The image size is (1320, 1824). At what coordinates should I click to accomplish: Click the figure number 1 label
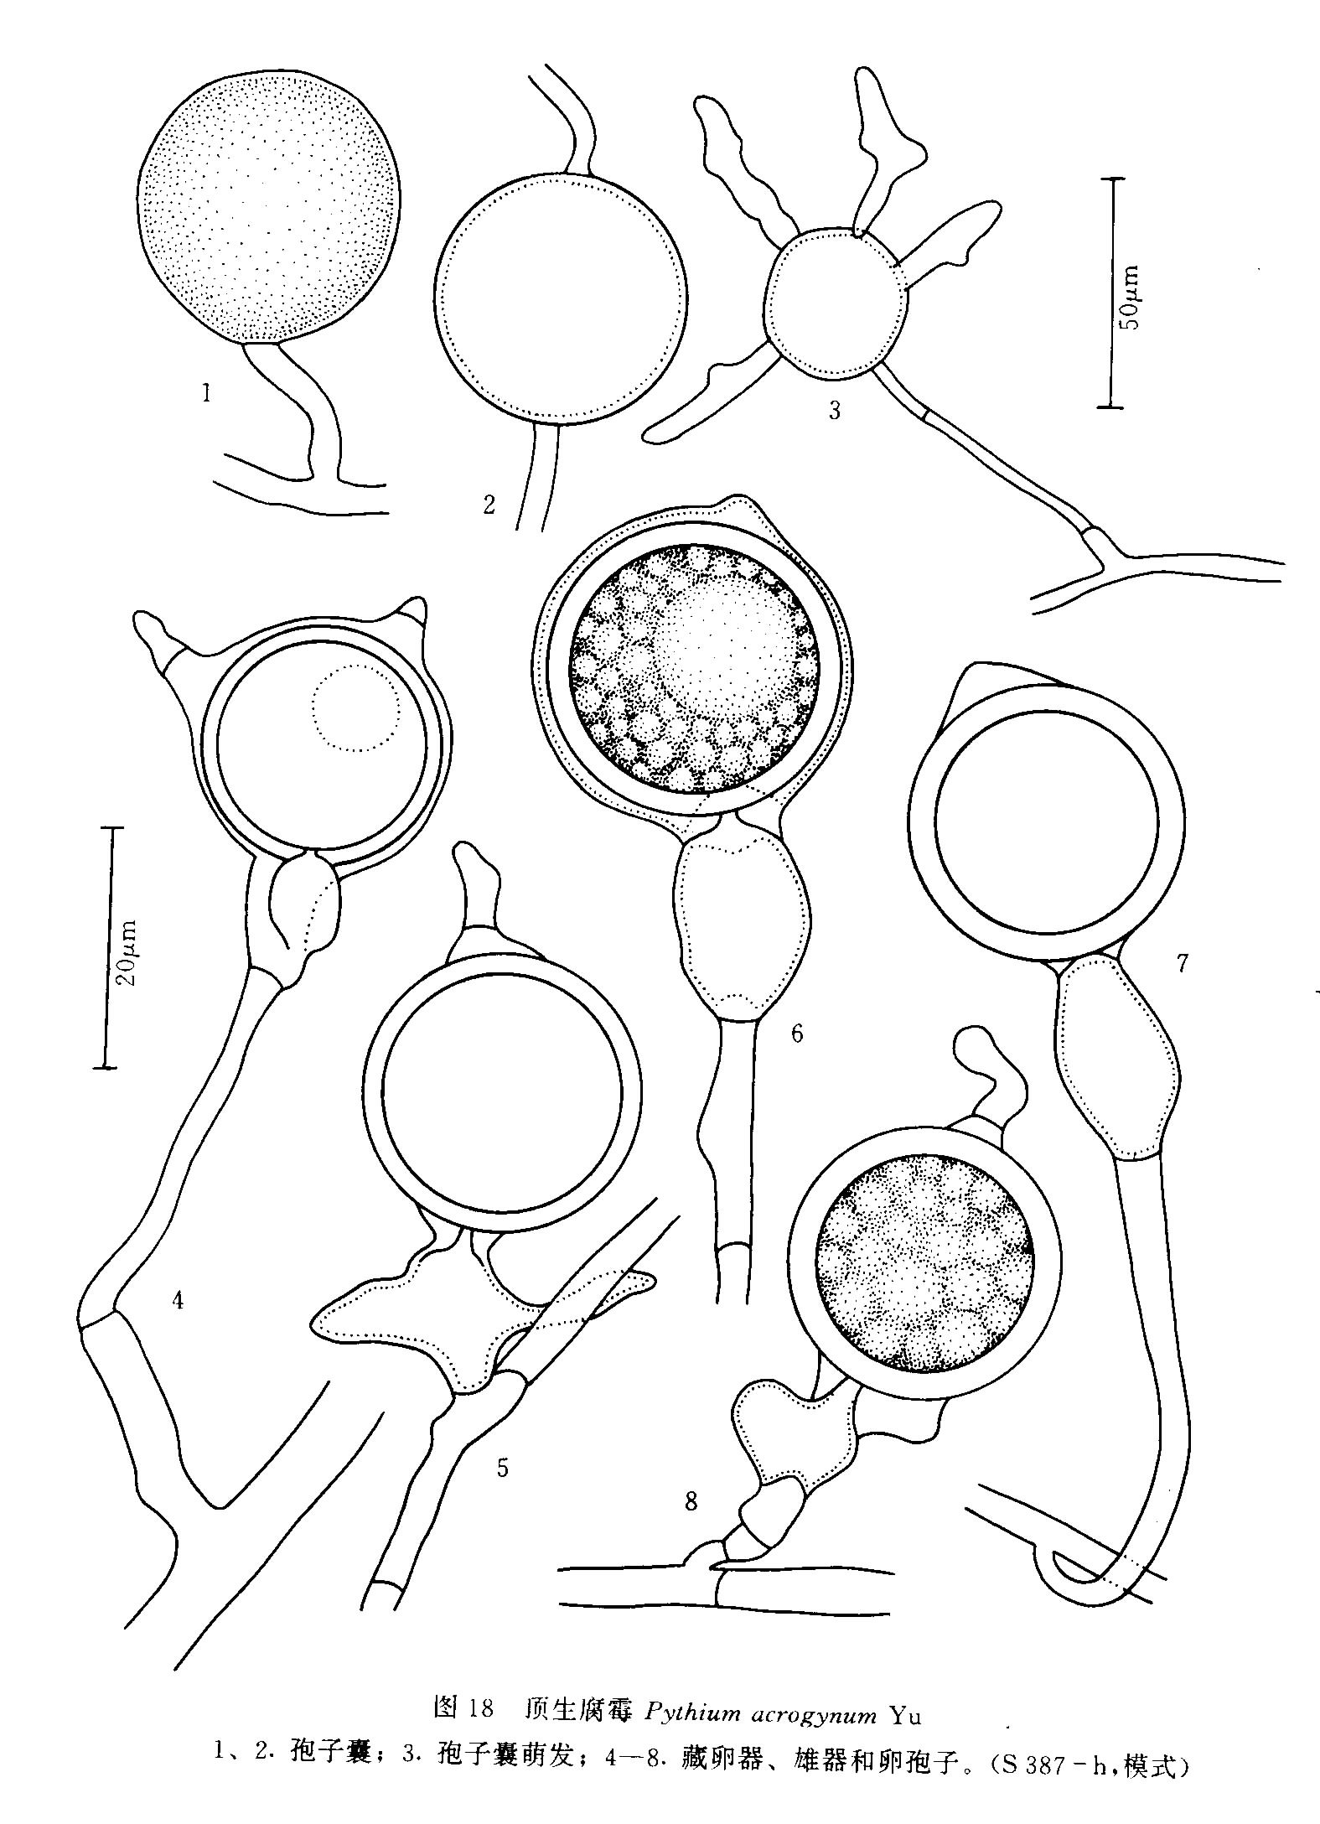tap(206, 391)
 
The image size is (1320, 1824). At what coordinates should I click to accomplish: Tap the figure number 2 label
tap(490, 504)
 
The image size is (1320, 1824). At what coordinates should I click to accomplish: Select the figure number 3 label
tap(834, 411)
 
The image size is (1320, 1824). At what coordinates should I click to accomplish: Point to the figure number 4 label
tap(178, 1300)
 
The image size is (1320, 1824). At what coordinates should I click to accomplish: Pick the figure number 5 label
tap(503, 1468)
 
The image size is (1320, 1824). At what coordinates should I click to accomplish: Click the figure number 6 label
tap(796, 1034)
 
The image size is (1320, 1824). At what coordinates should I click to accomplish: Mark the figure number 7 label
tap(1182, 964)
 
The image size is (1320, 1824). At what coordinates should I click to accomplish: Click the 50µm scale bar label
tap(1131, 298)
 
